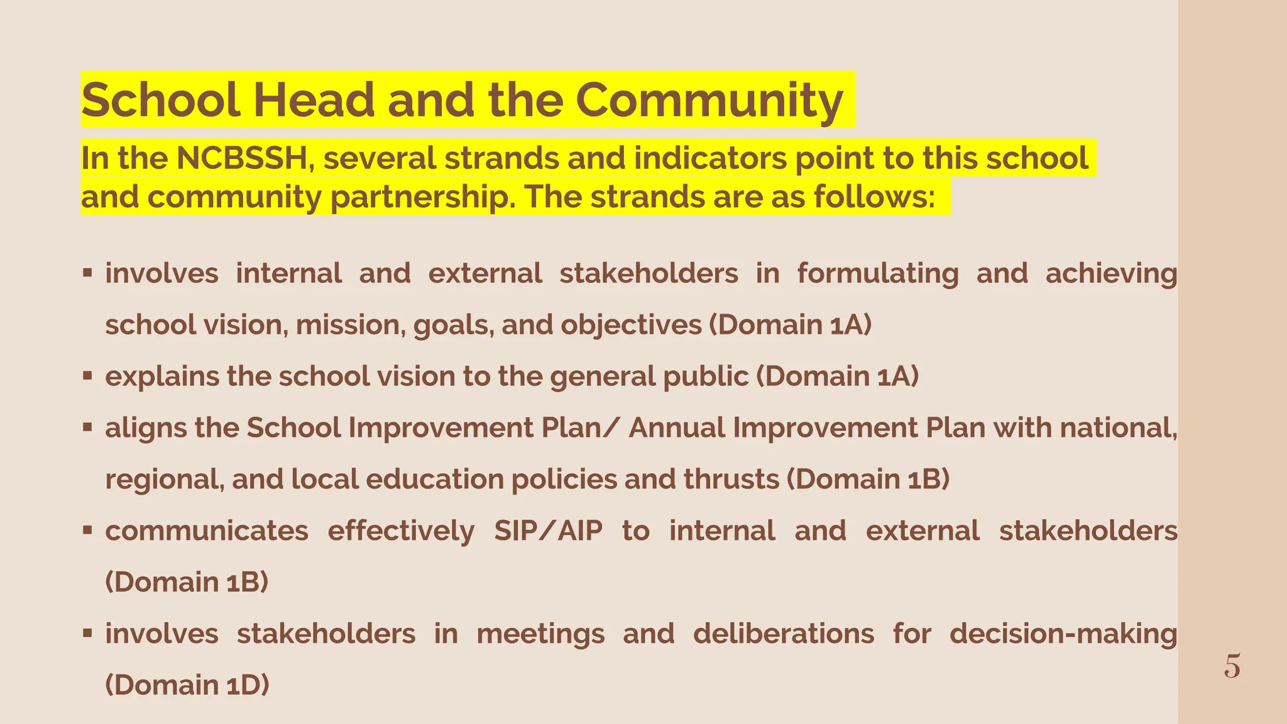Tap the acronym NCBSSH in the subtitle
pos(241,158)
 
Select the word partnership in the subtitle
pos(417,197)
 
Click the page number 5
pos(1232,666)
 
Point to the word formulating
pos(878,274)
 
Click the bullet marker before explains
pos(88,376)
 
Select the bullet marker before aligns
pos(88,427)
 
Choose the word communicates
pos(207,531)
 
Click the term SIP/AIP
pos(548,531)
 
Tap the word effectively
pos(401,531)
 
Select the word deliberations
pos(784,634)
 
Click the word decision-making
pos(1063,634)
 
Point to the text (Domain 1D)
pos(187,685)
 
